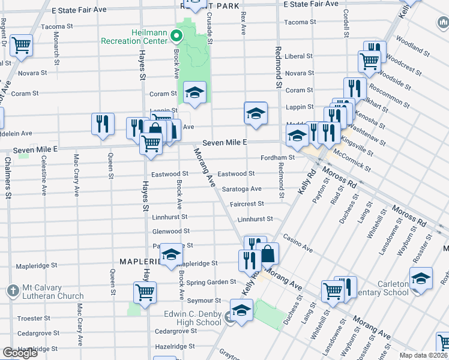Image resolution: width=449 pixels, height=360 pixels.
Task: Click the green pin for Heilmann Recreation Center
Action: click(x=176, y=37)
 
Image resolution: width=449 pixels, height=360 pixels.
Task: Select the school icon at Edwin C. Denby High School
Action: click(x=241, y=311)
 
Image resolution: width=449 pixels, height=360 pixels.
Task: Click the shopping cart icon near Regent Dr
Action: click(x=22, y=44)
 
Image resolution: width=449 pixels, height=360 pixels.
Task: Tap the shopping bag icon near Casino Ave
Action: click(x=268, y=254)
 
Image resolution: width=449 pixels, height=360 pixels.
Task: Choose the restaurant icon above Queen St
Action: click(x=103, y=124)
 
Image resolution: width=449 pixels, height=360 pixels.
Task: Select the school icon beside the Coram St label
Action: click(x=194, y=93)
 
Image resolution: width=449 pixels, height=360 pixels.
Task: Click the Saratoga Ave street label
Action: click(x=242, y=189)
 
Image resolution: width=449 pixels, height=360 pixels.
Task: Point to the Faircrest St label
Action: click(x=247, y=204)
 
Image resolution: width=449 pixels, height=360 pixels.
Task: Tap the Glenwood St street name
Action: click(x=171, y=231)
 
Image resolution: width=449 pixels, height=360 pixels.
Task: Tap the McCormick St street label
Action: click(x=357, y=157)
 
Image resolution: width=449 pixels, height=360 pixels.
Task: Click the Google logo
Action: click(x=20, y=353)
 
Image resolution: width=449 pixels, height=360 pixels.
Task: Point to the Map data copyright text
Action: click(x=424, y=355)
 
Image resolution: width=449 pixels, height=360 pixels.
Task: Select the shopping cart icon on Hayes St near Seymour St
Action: click(x=145, y=293)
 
